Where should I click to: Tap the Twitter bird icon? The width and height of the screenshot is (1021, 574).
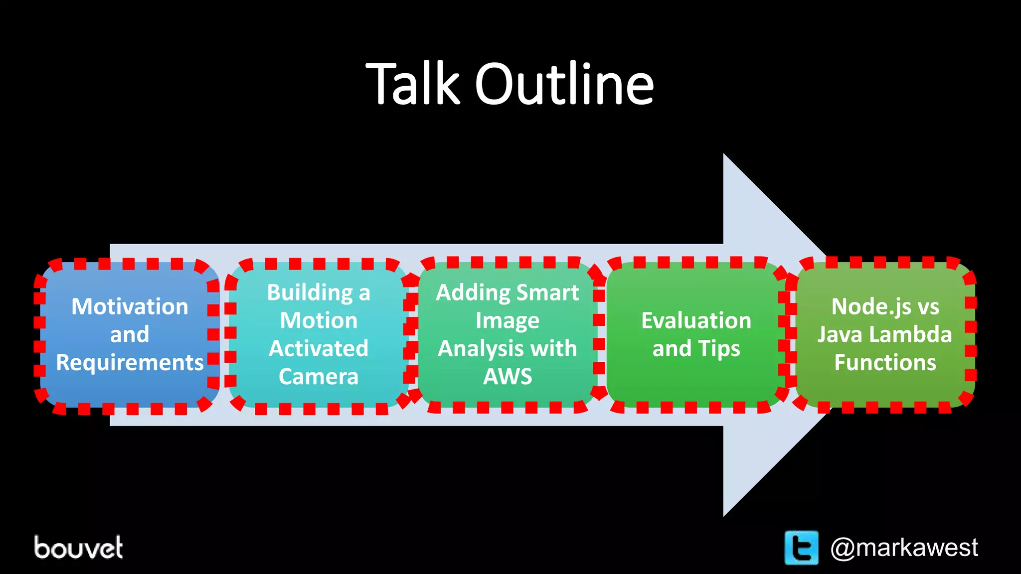(801, 548)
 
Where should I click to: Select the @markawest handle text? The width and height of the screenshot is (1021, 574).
(903, 548)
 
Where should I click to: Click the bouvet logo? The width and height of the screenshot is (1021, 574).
(78, 548)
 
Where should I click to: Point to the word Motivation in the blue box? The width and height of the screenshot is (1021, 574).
(130, 306)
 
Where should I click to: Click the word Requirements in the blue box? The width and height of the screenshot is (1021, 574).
(130, 362)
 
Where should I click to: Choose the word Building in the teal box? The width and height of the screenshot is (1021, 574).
(310, 292)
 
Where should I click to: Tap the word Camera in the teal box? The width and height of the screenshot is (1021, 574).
(319, 376)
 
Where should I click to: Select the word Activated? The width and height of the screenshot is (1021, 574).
(319, 348)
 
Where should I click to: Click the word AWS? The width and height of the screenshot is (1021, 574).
(508, 376)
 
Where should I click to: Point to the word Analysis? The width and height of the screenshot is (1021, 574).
(480, 348)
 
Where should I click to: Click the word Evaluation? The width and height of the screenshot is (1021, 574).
(696, 320)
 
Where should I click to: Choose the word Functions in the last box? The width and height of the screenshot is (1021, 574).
(885, 362)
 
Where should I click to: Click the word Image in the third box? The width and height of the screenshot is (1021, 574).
(508, 320)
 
